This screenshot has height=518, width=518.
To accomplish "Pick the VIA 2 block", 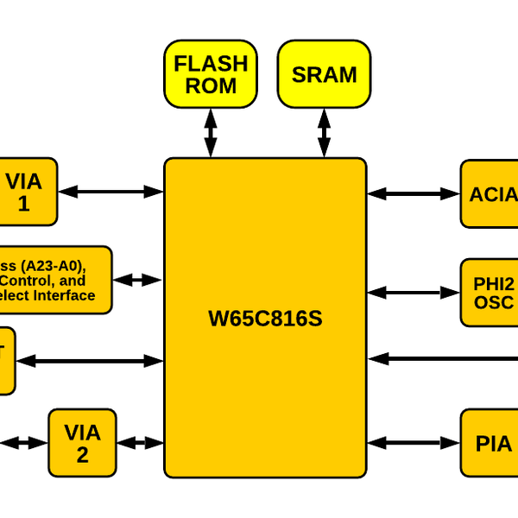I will click(82, 443).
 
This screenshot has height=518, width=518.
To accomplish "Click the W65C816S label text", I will click(265, 319).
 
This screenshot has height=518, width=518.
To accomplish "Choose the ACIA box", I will click(490, 194).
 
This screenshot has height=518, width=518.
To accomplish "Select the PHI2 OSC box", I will click(490, 293).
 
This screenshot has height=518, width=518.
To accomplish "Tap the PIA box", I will click(490, 444).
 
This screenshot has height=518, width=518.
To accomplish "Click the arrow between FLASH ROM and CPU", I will click(211, 132).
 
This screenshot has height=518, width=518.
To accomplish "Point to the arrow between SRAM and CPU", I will click(324, 132).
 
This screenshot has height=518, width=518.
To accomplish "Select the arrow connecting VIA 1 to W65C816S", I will click(111, 191).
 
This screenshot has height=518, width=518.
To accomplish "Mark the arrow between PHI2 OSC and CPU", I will click(414, 293).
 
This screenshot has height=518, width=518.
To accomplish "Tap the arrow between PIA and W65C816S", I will click(414, 444).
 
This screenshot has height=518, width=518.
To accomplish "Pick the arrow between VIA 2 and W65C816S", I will click(140, 443).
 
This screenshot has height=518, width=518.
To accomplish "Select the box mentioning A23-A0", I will click(52, 281).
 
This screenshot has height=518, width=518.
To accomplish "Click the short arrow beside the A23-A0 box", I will click(138, 280).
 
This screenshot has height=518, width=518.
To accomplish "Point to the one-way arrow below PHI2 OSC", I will click(440, 358).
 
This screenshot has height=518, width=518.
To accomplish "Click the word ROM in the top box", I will click(211, 85).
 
